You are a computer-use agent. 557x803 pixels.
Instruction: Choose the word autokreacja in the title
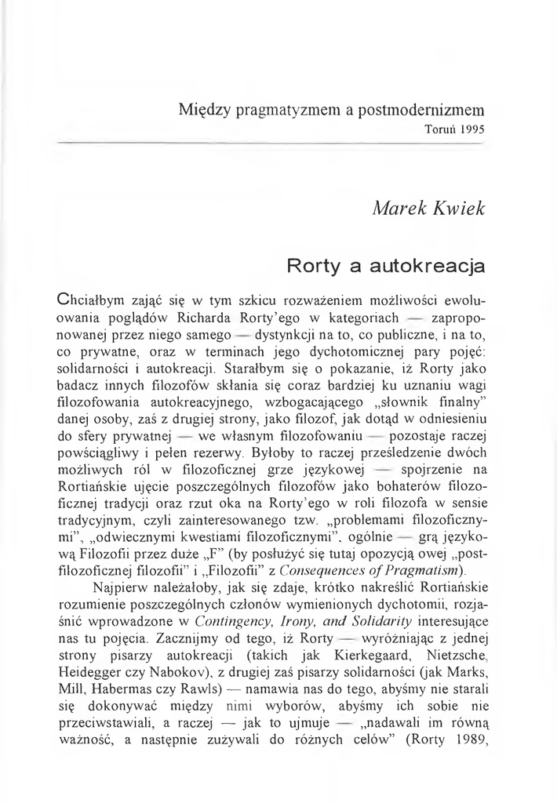click(x=435, y=267)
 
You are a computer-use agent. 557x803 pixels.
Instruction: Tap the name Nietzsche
click(x=451, y=664)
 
